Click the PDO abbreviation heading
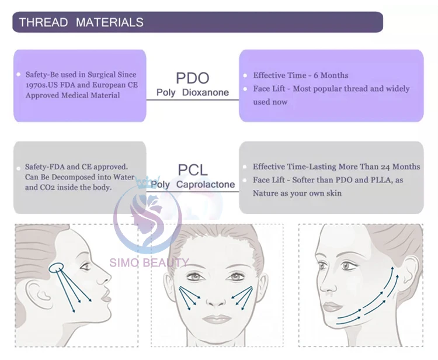(x=192, y=78)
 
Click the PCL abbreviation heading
(x=192, y=170)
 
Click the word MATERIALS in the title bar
(x=110, y=23)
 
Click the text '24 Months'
(x=398, y=167)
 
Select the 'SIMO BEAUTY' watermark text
(x=150, y=263)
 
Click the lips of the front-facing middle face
(x=217, y=319)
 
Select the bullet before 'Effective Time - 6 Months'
(x=246, y=76)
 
